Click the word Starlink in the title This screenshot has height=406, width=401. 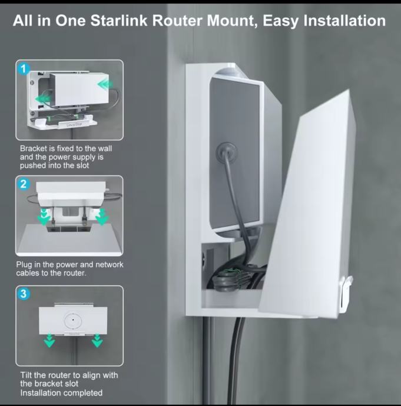[x=119, y=21]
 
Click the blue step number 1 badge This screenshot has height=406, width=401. [x=24, y=69]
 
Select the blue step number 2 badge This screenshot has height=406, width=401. [x=24, y=184]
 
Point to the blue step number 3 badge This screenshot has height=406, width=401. [x=24, y=294]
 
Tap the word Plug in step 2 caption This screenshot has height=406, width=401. [x=24, y=265]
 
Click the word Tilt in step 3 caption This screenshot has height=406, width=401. [x=26, y=375]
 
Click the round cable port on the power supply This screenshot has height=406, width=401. [x=227, y=151]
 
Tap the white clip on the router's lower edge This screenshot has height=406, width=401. [x=346, y=294]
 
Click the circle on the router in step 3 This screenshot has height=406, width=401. [x=73, y=320]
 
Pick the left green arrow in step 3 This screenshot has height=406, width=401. [x=49, y=341]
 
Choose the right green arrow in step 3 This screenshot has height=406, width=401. [x=97, y=341]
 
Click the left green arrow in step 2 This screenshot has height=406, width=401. [x=44, y=217]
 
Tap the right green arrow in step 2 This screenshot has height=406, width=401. [x=102, y=217]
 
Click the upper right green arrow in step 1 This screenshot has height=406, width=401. [x=105, y=84]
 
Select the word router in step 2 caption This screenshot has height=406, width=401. [x=74, y=273]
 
